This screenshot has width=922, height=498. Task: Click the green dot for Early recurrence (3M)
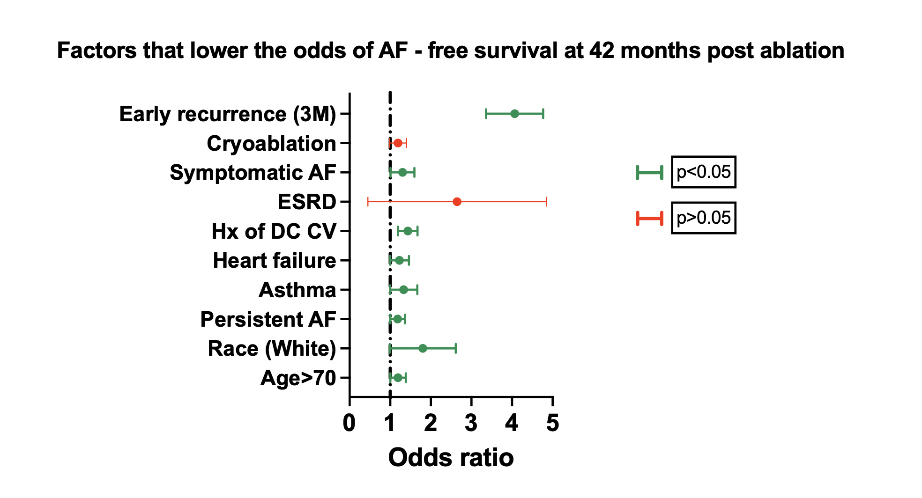click(514, 114)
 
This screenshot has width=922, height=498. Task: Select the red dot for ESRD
click(457, 202)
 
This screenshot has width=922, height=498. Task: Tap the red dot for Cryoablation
click(398, 143)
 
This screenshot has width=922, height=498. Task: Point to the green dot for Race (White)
click(422, 348)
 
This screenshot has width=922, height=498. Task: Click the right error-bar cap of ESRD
click(546, 202)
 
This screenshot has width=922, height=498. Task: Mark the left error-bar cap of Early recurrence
click(486, 114)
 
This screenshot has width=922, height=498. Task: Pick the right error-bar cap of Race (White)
click(455, 348)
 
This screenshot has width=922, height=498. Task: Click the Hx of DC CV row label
click(274, 231)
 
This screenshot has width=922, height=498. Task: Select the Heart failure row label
click(274, 261)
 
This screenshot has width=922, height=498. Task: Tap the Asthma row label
click(297, 290)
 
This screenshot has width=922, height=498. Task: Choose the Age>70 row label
click(298, 378)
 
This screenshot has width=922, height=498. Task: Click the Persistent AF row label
click(268, 320)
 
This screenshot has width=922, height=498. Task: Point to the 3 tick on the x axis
click(471, 423)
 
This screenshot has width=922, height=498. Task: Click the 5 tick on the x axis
click(553, 423)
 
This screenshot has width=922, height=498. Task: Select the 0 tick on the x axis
click(349, 423)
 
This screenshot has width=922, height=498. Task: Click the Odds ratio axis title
click(451, 457)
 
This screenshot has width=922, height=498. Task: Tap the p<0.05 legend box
click(703, 172)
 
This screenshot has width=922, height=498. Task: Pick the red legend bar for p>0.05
click(649, 218)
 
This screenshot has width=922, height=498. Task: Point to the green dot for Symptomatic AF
click(402, 172)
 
